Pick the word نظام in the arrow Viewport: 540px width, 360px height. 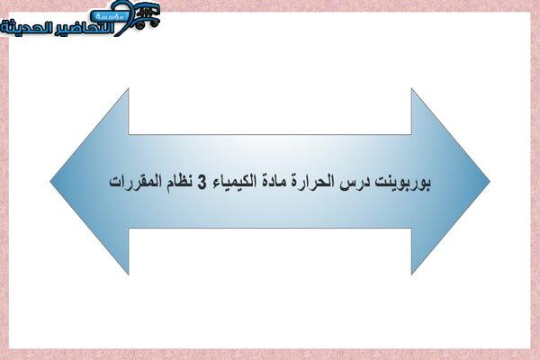click(x=179, y=182)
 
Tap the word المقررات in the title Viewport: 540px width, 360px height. click(x=135, y=182)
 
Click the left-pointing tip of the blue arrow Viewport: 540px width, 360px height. click(x=50, y=181)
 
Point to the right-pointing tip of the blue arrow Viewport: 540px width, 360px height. click(x=490, y=181)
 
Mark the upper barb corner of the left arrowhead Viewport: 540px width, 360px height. click(x=129, y=89)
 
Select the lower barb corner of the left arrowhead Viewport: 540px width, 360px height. click(x=129, y=274)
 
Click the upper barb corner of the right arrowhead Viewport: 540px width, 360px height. click(x=411, y=89)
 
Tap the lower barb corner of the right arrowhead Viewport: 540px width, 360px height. click(x=411, y=274)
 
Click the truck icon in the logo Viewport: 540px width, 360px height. click(x=147, y=16)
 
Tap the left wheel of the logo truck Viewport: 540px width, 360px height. click(x=140, y=24)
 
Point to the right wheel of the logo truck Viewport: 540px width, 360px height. click(x=154, y=22)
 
